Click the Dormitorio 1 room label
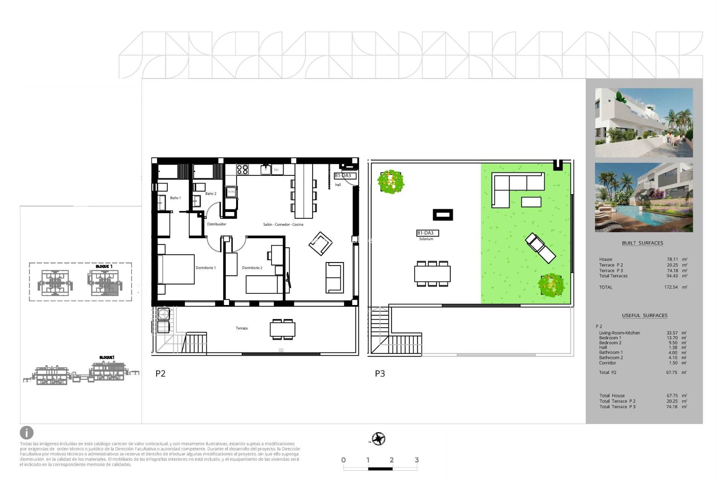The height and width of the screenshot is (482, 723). pyautogui.click(x=206, y=268)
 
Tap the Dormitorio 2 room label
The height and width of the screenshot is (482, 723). pyautogui.click(x=252, y=268)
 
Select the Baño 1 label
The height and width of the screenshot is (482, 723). pyautogui.click(x=175, y=198)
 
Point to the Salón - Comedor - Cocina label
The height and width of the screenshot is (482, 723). pyautogui.click(x=283, y=224)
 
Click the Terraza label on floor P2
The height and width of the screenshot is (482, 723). pyautogui.click(x=241, y=328)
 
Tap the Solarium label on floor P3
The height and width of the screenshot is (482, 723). pyautogui.click(x=426, y=239)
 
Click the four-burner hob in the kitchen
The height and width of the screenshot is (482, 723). pyautogui.click(x=242, y=169)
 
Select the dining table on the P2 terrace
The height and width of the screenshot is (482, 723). pyautogui.click(x=282, y=329)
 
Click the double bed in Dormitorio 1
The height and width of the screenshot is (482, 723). pyautogui.click(x=176, y=269)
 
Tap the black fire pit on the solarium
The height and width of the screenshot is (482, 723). pyautogui.click(x=442, y=215)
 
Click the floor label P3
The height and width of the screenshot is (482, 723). pyautogui.click(x=380, y=374)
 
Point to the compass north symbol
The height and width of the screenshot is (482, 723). pyautogui.click(x=378, y=439)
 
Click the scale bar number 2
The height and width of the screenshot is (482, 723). pyautogui.click(x=392, y=460)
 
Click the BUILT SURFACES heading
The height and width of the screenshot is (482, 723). pyautogui.click(x=642, y=243)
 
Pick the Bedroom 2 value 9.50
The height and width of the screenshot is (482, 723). pyautogui.click(x=673, y=343)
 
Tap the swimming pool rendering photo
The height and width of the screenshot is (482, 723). pyautogui.click(x=644, y=197)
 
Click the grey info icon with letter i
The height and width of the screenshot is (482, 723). pyautogui.click(x=27, y=433)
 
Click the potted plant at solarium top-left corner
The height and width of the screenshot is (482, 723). pyautogui.click(x=390, y=182)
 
